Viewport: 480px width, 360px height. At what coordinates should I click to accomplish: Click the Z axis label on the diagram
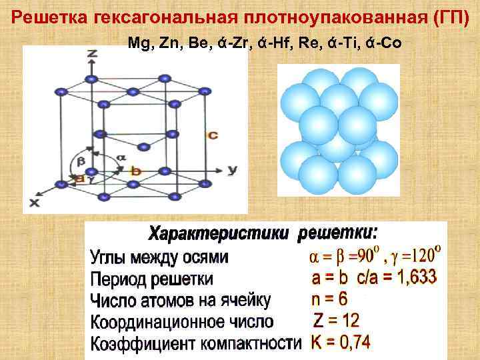coord(95,53)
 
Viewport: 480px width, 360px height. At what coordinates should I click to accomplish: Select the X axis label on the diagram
coord(33,200)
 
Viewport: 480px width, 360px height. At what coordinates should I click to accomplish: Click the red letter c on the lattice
coord(213,135)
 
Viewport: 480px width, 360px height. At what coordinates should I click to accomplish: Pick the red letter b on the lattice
coord(135,171)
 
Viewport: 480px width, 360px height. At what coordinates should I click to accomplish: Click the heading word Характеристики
coord(218,234)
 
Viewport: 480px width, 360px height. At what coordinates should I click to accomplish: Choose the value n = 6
coord(331,300)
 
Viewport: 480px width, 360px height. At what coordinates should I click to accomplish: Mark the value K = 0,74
coord(341,343)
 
